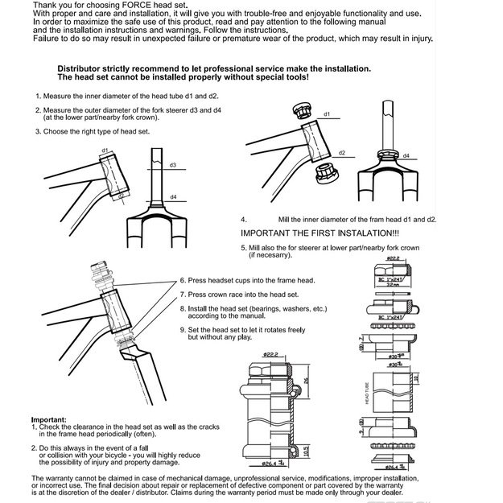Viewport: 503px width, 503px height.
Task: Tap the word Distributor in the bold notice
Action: pyautogui.click(x=81, y=68)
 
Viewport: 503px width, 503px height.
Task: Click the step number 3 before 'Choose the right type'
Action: pyautogui.click(x=36, y=130)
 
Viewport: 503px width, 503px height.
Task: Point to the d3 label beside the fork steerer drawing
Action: pyautogui.click(x=173, y=165)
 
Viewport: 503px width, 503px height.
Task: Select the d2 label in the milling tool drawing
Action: pyautogui.click(x=342, y=152)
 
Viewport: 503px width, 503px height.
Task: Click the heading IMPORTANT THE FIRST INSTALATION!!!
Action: pyautogui.click(x=310, y=233)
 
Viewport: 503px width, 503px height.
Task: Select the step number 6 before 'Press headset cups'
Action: pyautogui.click(x=183, y=280)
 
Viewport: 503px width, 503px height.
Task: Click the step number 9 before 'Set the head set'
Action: pyautogui.click(x=183, y=330)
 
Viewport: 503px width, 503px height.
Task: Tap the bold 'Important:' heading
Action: pyautogui.click(x=48, y=420)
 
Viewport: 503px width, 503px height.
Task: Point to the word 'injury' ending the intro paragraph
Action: pyautogui.click(x=420, y=38)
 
